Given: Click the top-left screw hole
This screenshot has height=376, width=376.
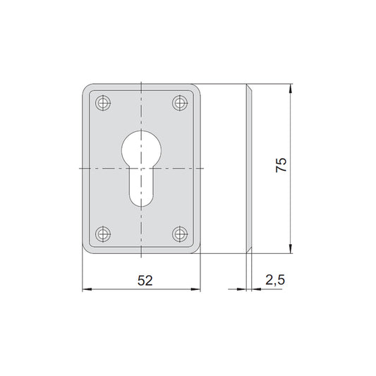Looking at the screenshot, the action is [103, 103].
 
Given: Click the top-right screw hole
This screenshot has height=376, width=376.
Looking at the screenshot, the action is [180, 103].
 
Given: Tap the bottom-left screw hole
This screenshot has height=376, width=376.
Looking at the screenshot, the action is [103, 234].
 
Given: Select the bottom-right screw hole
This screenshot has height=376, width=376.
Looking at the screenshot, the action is [180, 234].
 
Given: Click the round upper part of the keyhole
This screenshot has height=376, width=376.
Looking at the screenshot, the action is [141, 150].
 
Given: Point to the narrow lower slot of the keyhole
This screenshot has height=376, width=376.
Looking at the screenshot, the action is [141, 187].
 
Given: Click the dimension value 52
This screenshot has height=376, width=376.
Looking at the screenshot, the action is [145, 280].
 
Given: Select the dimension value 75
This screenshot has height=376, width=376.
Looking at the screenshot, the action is [281, 165].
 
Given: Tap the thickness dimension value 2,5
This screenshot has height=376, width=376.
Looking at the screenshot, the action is [275, 280].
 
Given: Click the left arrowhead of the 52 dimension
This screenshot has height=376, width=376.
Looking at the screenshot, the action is [87, 289].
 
